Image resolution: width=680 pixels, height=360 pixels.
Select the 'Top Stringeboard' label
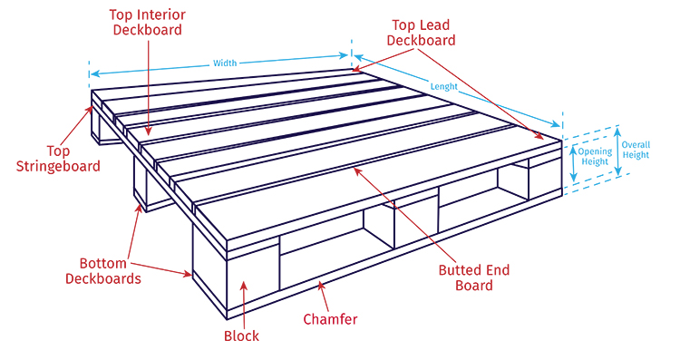click(62, 158)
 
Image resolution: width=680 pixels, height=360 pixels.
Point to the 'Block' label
click(241, 336)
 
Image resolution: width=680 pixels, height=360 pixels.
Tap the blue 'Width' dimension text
click(225, 63)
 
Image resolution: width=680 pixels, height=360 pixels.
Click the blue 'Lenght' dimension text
click(444, 89)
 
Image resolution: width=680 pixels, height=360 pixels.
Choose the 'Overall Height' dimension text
click(636, 149)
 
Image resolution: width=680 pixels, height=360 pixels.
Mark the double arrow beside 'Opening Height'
click(572, 161)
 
